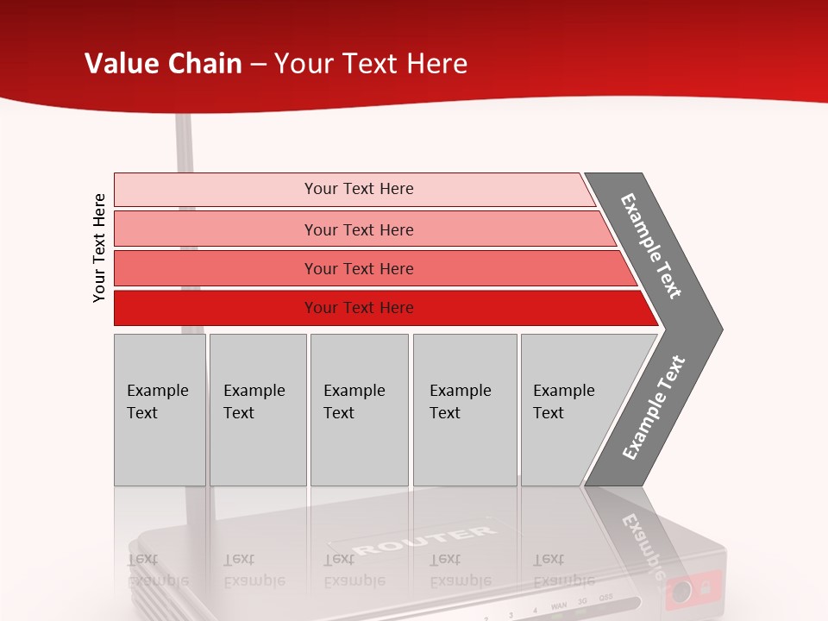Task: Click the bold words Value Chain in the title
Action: (163, 64)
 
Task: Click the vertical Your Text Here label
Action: (99, 248)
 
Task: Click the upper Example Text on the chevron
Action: (651, 246)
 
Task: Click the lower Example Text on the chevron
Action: (653, 408)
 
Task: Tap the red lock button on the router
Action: (693, 589)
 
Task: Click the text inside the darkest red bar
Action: (359, 308)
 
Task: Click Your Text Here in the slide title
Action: (371, 64)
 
